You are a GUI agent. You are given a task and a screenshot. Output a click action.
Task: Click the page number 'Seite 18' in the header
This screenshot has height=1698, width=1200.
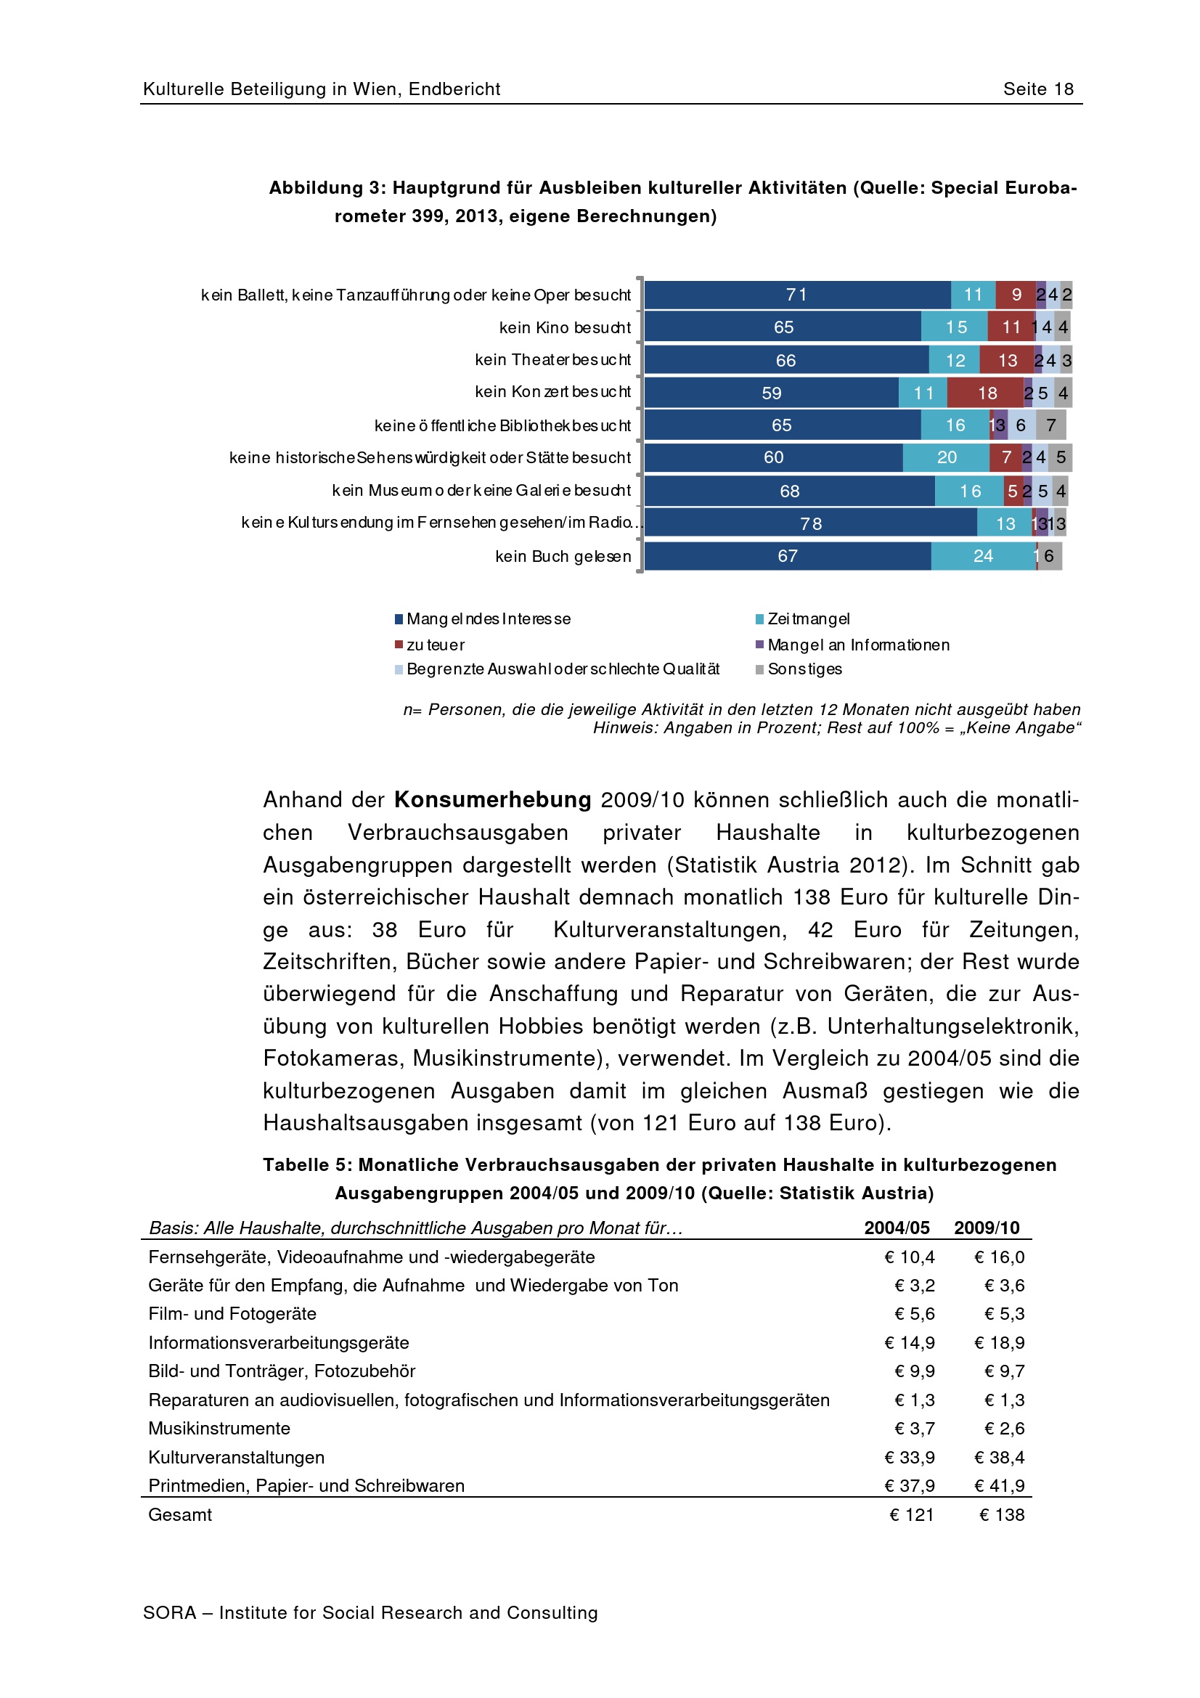click(x=1037, y=89)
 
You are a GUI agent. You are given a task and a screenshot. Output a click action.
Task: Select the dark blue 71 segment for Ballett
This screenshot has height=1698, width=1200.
click(x=797, y=295)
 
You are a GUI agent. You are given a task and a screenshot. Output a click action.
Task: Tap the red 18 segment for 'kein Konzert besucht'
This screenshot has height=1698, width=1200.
click(x=987, y=393)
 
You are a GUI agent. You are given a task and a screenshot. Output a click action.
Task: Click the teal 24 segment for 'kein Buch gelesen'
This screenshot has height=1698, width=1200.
click(x=983, y=556)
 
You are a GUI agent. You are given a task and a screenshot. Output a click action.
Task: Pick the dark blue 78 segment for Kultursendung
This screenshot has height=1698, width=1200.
click(x=810, y=523)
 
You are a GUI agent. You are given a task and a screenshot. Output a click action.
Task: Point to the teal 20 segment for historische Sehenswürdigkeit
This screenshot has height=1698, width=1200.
click(x=947, y=458)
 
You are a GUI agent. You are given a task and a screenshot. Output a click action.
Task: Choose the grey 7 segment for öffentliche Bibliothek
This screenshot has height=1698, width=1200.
click(x=1050, y=425)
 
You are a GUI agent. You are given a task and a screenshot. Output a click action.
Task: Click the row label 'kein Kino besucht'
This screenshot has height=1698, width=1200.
click(x=565, y=327)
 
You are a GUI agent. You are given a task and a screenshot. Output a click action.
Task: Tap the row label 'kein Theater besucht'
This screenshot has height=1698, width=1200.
click(x=553, y=360)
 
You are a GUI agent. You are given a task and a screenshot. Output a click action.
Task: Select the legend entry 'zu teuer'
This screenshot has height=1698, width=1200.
click(x=435, y=645)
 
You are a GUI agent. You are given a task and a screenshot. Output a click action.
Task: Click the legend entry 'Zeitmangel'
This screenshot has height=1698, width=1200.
click(x=808, y=619)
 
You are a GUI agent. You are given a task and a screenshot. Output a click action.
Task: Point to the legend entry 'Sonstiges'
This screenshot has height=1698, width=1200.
click(x=804, y=669)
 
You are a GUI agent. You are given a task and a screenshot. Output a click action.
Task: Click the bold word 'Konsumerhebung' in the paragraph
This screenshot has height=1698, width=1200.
click(x=492, y=799)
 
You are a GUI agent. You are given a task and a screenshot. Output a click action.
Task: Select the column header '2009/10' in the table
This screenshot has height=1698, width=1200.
click(x=987, y=1228)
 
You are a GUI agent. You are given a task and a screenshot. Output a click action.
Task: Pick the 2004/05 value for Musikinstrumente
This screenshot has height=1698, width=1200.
click(x=915, y=1428)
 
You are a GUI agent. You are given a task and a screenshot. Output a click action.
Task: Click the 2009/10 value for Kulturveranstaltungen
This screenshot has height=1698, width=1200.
click(x=999, y=1457)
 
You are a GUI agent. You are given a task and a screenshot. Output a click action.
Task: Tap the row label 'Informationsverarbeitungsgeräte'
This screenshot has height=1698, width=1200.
click(x=279, y=1342)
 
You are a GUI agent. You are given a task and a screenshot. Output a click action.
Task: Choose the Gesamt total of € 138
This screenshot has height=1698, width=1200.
click(x=1002, y=1514)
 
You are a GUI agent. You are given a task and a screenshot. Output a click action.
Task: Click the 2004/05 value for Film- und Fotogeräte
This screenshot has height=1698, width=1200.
click(x=915, y=1313)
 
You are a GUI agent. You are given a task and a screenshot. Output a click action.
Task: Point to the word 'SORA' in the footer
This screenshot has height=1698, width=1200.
click(x=170, y=1613)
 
